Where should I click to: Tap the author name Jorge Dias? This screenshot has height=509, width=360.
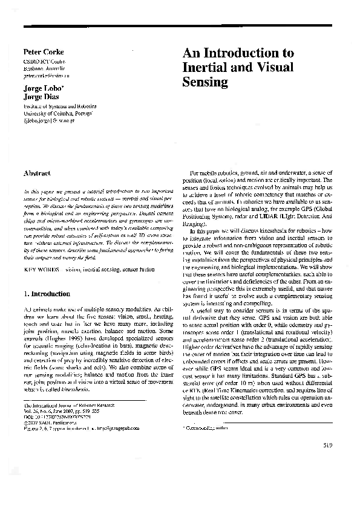40,96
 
